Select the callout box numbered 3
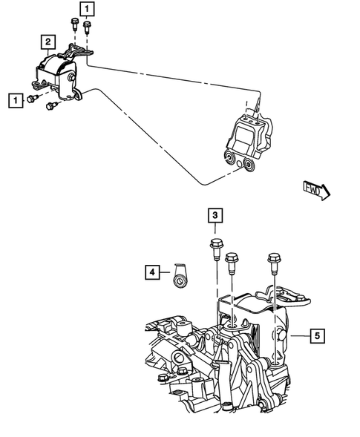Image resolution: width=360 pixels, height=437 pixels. (x=214, y=216)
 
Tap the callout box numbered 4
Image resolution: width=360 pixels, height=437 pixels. (x=151, y=274)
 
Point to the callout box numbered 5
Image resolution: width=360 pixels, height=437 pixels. (x=317, y=336)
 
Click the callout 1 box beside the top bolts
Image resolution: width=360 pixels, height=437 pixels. (x=88, y=9)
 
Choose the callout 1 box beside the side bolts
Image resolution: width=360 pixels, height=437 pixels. (x=12, y=99)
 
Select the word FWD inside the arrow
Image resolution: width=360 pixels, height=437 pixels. (x=313, y=191)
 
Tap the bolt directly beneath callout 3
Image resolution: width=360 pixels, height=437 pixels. (x=215, y=247)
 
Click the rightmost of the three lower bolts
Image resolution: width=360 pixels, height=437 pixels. (x=273, y=261)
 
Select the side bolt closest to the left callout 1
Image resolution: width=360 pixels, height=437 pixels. (x=33, y=99)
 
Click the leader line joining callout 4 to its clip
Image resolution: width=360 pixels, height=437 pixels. (x=165, y=274)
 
